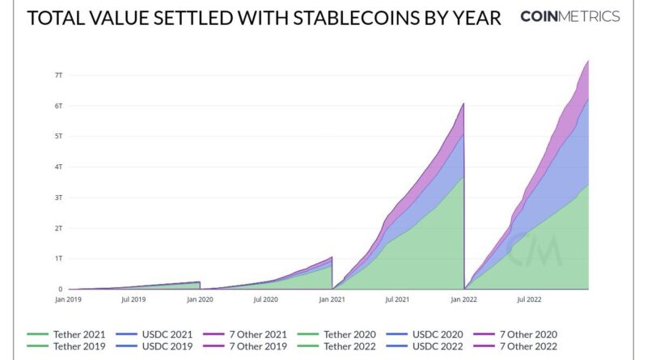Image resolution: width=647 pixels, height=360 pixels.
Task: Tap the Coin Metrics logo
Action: click(570, 17)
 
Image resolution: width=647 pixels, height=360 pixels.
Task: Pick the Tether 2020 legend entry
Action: click(343, 333)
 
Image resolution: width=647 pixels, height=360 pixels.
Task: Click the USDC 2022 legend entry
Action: click(438, 346)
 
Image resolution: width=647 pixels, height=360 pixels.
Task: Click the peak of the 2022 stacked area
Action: click(587, 61)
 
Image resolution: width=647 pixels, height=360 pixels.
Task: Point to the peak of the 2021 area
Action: click(463, 104)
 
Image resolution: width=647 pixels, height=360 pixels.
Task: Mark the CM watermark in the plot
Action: click(535, 252)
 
